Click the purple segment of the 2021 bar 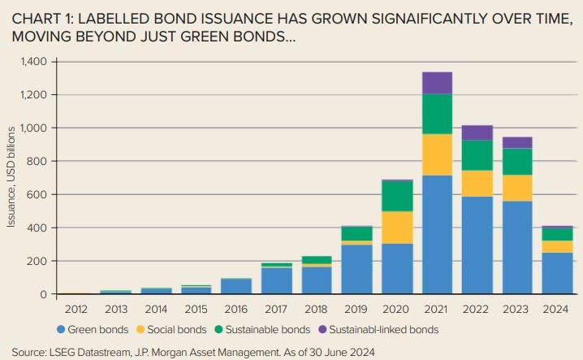437,83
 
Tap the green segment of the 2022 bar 477,155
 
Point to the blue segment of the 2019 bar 357,269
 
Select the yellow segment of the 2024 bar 556,246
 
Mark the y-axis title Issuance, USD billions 11,178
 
